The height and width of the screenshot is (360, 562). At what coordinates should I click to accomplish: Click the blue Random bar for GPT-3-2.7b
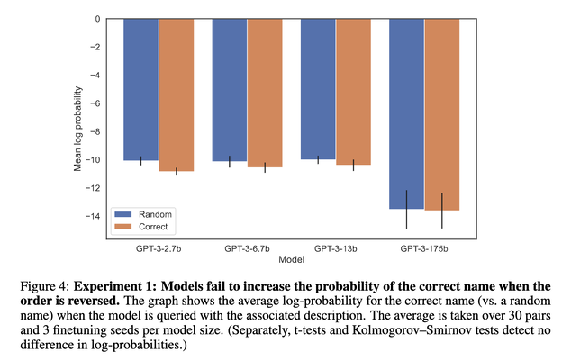tap(140, 89)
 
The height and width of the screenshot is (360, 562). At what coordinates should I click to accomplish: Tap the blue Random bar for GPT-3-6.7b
tap(229, 90)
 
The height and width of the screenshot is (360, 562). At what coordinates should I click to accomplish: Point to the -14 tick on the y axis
tap(106, 216)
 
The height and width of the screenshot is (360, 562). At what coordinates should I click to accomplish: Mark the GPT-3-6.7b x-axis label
tap(247, 247)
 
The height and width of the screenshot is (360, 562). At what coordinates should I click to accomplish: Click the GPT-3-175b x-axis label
tap(424, 247)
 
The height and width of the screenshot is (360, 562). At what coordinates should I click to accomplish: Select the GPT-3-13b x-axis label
tap(336, 247)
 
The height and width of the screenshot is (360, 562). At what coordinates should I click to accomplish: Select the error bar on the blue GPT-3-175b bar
tap(406, 209)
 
